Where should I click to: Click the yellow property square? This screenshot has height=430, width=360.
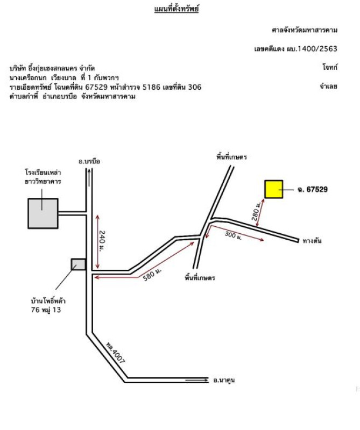[x=274, y=190]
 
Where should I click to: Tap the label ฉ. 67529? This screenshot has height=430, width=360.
[x=312, y=189]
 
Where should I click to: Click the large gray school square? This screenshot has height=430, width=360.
[x=43, y=213]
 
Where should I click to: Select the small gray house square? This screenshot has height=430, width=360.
[x=78, y=264]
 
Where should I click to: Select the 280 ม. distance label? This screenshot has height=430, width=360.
[x=256, y=212]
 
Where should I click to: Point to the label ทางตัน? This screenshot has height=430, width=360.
[x=312, y=240]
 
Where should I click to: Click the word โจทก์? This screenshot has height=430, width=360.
[x=329, y=67]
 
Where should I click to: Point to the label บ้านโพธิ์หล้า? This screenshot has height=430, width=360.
[x=48, y=301]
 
